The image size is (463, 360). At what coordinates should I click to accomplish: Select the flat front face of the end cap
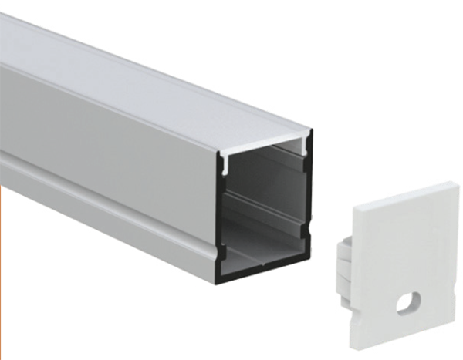409,247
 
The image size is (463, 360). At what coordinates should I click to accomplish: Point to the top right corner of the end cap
455,184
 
